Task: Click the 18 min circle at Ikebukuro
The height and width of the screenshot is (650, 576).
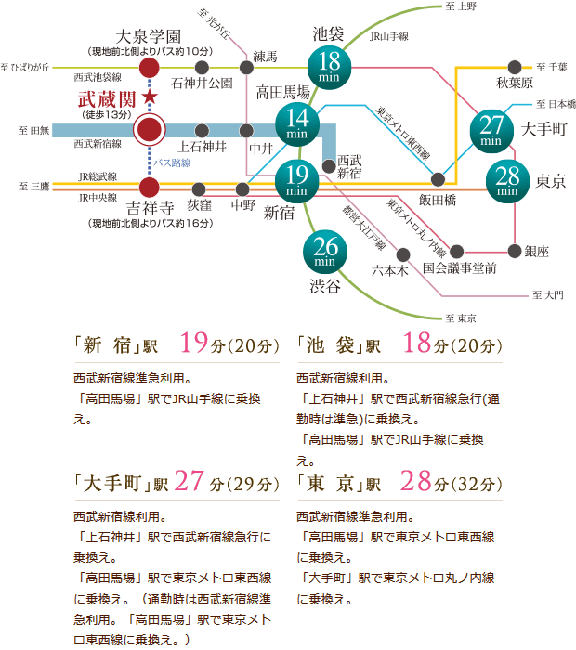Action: pyautogui.click(x=329, y=67)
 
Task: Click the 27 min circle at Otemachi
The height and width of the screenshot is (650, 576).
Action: pyautogui.click(x=493, y=129)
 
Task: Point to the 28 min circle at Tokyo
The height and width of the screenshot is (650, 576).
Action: pyautogui.click(x=508, y=180)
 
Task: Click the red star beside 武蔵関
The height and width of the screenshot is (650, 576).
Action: pyautogui.click(x=151, y=98)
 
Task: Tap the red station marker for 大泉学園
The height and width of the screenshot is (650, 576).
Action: pyautogui.click(x=148, y=68)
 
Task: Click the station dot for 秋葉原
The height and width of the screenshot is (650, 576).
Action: pyautogui.click(x=515, y=68)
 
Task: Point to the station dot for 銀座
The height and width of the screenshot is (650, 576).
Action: pyautogui.click(x=516, y=250)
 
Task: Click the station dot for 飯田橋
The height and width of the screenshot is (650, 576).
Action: pyautogui.click(x=439, y=179)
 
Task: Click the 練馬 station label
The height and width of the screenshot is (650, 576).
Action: pyautogui.click(x=264, y=57)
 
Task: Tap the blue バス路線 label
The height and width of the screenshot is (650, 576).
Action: pyautogui.click(x=172, y=162)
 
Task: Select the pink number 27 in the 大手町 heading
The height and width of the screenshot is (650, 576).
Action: pyautogui.click(x=188, y=481)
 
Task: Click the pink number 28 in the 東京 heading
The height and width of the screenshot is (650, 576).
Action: pyautogui.click(x=415, y=481)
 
